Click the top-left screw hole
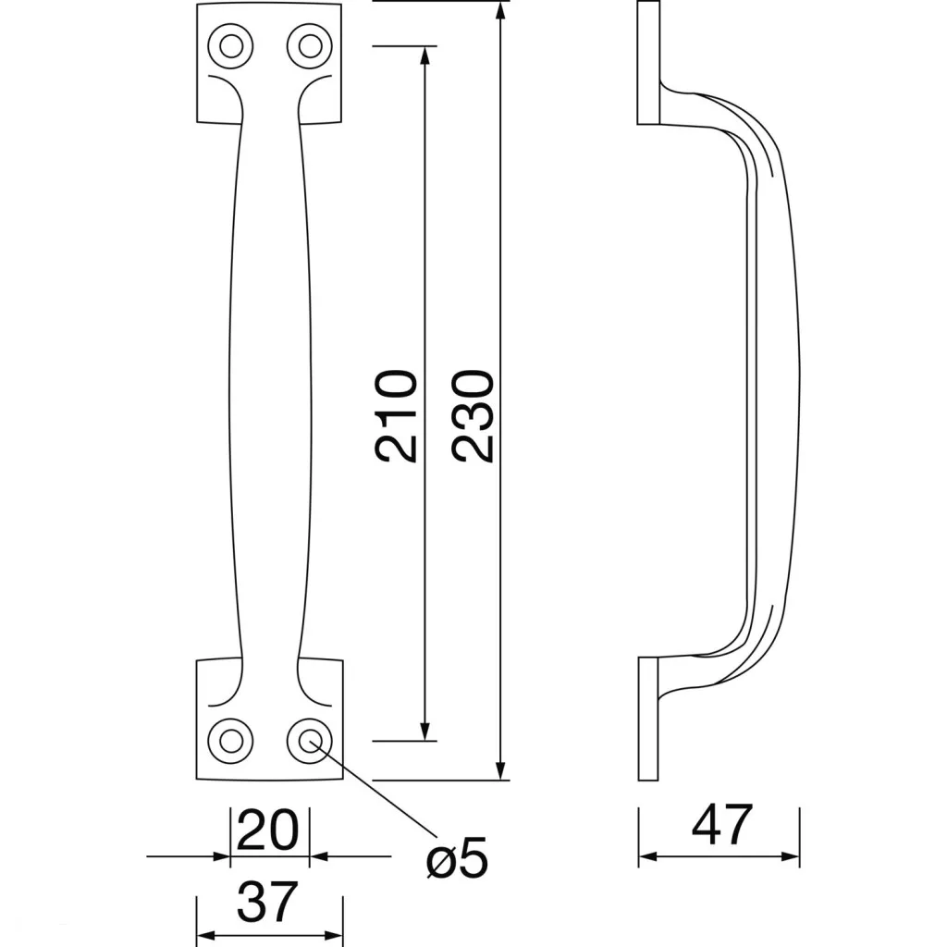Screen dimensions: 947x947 pos(230,46)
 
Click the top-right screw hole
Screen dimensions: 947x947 pos(310,46)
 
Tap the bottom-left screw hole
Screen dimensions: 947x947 pos(230,741)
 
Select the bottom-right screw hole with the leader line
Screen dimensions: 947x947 pos(310,741)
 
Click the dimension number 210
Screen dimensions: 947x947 pos(397,415)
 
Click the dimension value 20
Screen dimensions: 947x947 pos(267,830)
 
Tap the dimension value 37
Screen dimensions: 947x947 pos(267,902)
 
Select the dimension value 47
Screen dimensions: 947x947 pos(721,824)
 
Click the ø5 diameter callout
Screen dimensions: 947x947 pos(457,857)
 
